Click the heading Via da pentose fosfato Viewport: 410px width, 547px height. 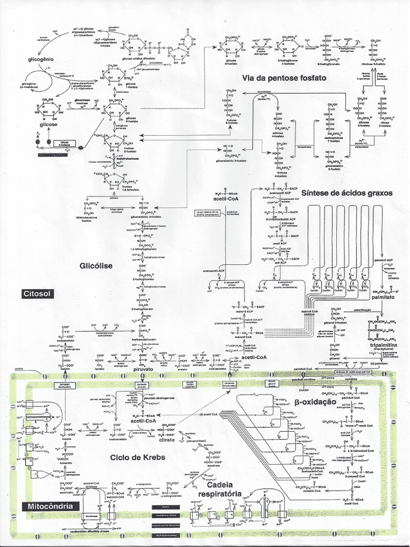[x=284, y=77]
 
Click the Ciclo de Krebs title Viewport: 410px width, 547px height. [x=138, y=457]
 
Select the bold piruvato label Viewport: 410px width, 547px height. [x=144, y=369]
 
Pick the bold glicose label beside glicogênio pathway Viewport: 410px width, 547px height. [x=48, y=124]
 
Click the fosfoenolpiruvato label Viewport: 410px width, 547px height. [x=143, y=339]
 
